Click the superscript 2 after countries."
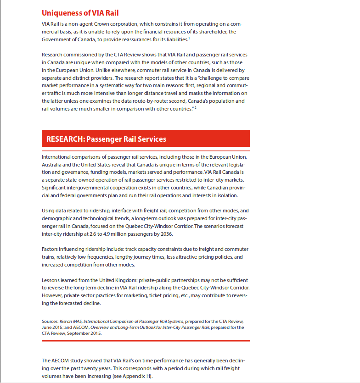196,107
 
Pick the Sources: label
50,321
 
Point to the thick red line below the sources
146,340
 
